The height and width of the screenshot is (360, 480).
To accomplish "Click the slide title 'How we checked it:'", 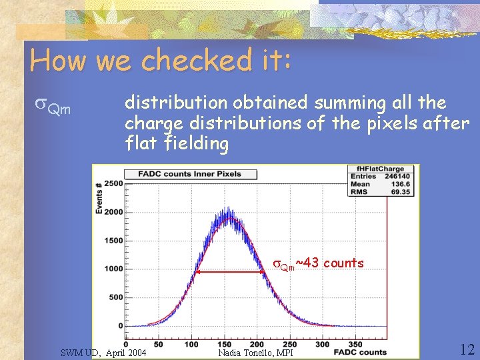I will (x=161, y=61).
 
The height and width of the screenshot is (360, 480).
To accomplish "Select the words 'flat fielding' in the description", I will (x=177, y=143).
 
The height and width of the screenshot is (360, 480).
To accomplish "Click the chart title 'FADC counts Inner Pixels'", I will (x=190, y=174).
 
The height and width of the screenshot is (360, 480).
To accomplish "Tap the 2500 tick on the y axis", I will (x=113, y=183).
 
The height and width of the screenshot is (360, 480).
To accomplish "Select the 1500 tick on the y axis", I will (x=113, y=240).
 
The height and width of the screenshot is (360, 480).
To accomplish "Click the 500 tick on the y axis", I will (x=115, y=297).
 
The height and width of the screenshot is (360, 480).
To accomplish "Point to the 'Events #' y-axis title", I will (x=99, y=199).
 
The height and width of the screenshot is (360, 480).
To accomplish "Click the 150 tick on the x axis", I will (x=224, y=345).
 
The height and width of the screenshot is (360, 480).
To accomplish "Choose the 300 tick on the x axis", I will (x=322, y=345).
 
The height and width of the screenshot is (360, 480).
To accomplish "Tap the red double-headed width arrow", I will (x=231, y=271).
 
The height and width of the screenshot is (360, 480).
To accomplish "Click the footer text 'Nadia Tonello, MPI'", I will (x=255, y=352).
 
